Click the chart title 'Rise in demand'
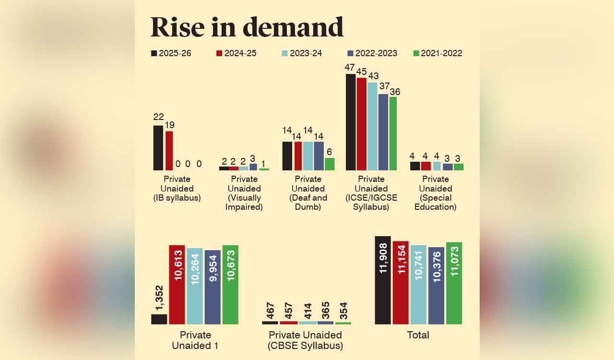pyautogui.click(x=247, y=27)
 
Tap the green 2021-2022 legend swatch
pyautogui.click(x=416, y=53)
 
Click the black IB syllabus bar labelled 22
pyautogui.click(x=158, y=148)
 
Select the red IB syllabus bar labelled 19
pyautogui.click(x=169, y=151)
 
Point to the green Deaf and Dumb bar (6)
pyautogui.click(x=330, y=164)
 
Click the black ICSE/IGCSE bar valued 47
pyautogui.click(x=351, y=122)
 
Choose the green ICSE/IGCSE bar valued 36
pyautogui.click(x=393, y=133)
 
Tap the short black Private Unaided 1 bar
pyautogui.click(x=159, y=319)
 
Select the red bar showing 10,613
pyautogui.click(x=177, y=285)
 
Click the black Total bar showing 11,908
pyautogui.click(x=383, y=280)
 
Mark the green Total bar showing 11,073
pyautogui.click(x=454, y=283)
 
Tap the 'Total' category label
pyautogui.click(x=418, y=335)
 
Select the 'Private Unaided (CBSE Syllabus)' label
pyautogui.click(x=305, y=340)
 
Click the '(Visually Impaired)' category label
pyautogui.click(x=244, y=203)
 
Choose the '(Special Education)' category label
pyautogui.click(x=435, y=203)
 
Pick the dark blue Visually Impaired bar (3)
pyautogui.click(x=253, y=167)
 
